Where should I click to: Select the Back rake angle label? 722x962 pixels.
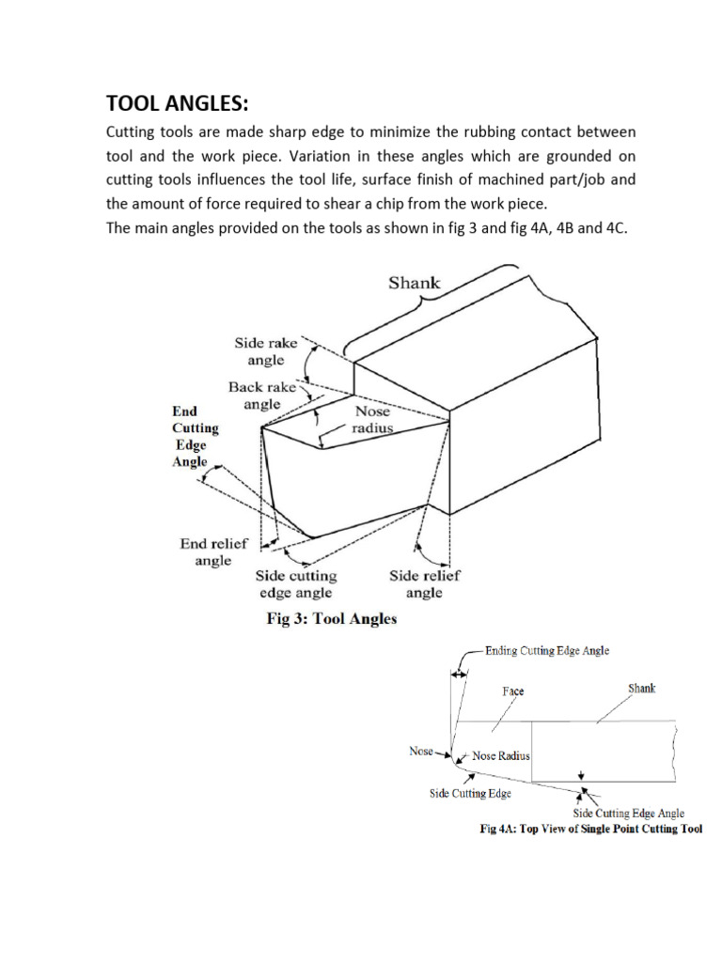click(262, 395)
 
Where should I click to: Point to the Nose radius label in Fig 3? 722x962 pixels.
click(371, 418)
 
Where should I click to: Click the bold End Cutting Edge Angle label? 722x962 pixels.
click(196, 436)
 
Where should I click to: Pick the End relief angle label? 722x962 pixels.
click(213, 551)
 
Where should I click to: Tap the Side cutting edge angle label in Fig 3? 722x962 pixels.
click(296, 583)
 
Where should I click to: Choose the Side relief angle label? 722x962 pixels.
click(424, 583)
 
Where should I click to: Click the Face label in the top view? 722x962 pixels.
click(512, 690)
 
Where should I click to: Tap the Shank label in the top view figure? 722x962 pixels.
click(642, 689)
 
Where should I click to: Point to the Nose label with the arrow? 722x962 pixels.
click(420, 751)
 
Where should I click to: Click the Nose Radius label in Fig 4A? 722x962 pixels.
click(501, 755)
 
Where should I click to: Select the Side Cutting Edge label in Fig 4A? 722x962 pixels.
click(470, 794)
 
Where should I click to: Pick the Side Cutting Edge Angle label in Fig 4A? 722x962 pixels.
click(629, 814)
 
